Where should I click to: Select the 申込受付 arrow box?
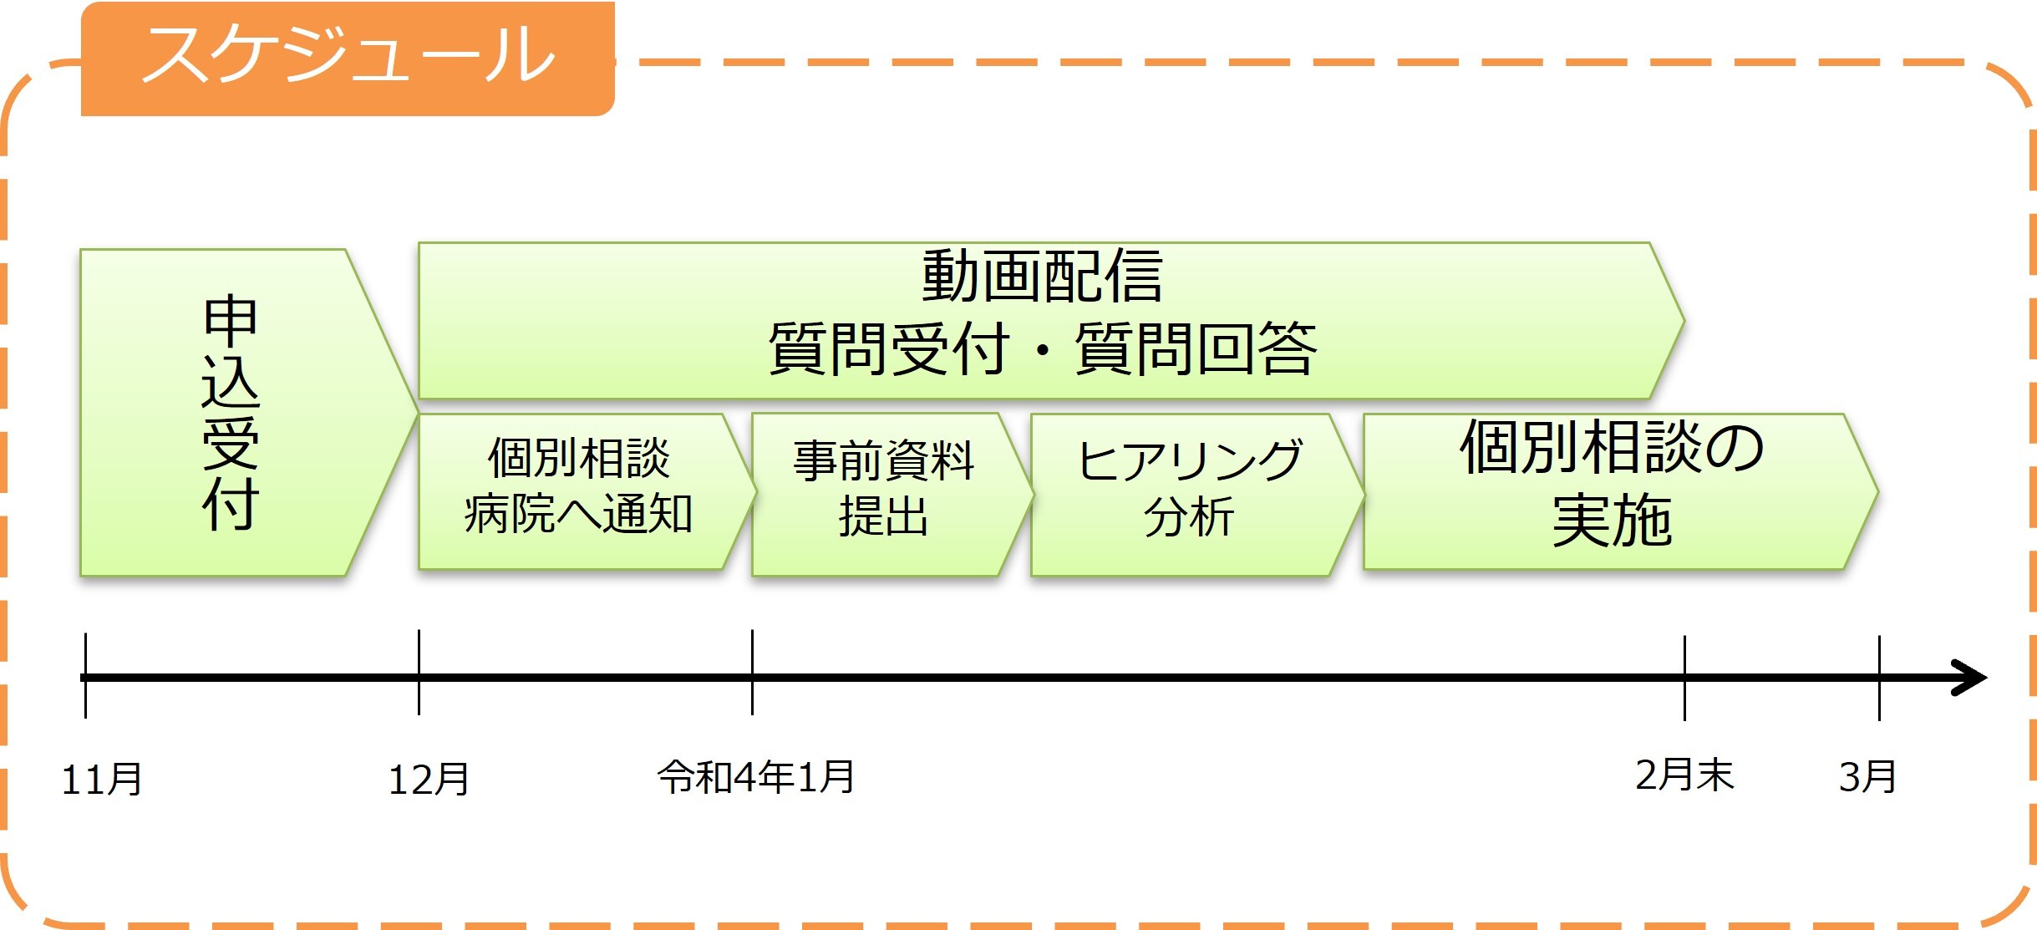click(x=231, y=413)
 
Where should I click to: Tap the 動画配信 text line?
click(x=1042, y=277)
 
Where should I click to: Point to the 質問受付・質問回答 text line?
click(x=1042, y=349)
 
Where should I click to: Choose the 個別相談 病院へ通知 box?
click(x=578, y=488)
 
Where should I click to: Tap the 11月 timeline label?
click(x=102, y=780)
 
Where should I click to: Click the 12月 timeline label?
click(x=429, y=780)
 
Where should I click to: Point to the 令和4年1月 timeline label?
click(x=756, y=777)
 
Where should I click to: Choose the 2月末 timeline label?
click(x=1684, y=775)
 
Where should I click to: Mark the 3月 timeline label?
click(x=1867, y=777)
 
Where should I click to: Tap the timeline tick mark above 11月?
click(x=85, y=675)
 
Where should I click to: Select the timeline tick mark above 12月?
click(x=419, y=673)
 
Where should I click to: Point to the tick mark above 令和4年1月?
click(x=752, y=673)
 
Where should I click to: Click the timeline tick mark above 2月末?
click(x=1684, y=678)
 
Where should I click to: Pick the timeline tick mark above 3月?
click(x=1879, y=678)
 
